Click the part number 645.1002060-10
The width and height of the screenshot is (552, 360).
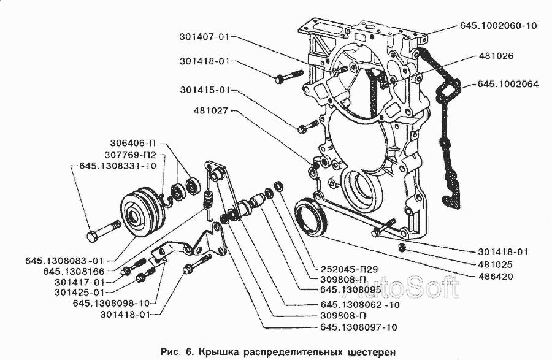[x=497, y=26]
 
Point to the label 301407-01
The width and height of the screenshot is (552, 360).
[x=205, y=37]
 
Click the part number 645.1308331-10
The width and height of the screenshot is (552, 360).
[x=117, y=166]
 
